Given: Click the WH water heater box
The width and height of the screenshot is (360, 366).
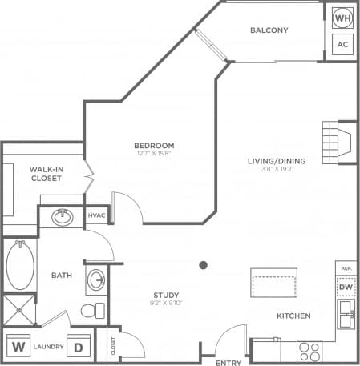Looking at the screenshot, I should tap(342, 17).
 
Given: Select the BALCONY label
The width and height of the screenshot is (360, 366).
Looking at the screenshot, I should tap(269, 30).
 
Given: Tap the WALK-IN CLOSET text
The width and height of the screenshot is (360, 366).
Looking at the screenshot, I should tap(47, 175).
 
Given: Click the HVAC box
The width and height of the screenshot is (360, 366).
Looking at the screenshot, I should tap(96, 216).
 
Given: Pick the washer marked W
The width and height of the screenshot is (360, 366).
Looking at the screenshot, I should tap(18, 348).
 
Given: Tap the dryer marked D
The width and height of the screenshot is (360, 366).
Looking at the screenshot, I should tap(79, 348).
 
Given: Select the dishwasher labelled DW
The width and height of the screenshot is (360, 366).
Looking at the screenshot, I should tap(346, 287).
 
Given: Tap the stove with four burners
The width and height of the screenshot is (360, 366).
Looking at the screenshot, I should tap(309, 350).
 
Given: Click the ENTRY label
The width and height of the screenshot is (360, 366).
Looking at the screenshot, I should tap(229, 362).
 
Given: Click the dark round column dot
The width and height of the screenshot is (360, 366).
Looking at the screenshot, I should tap(204, 265).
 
